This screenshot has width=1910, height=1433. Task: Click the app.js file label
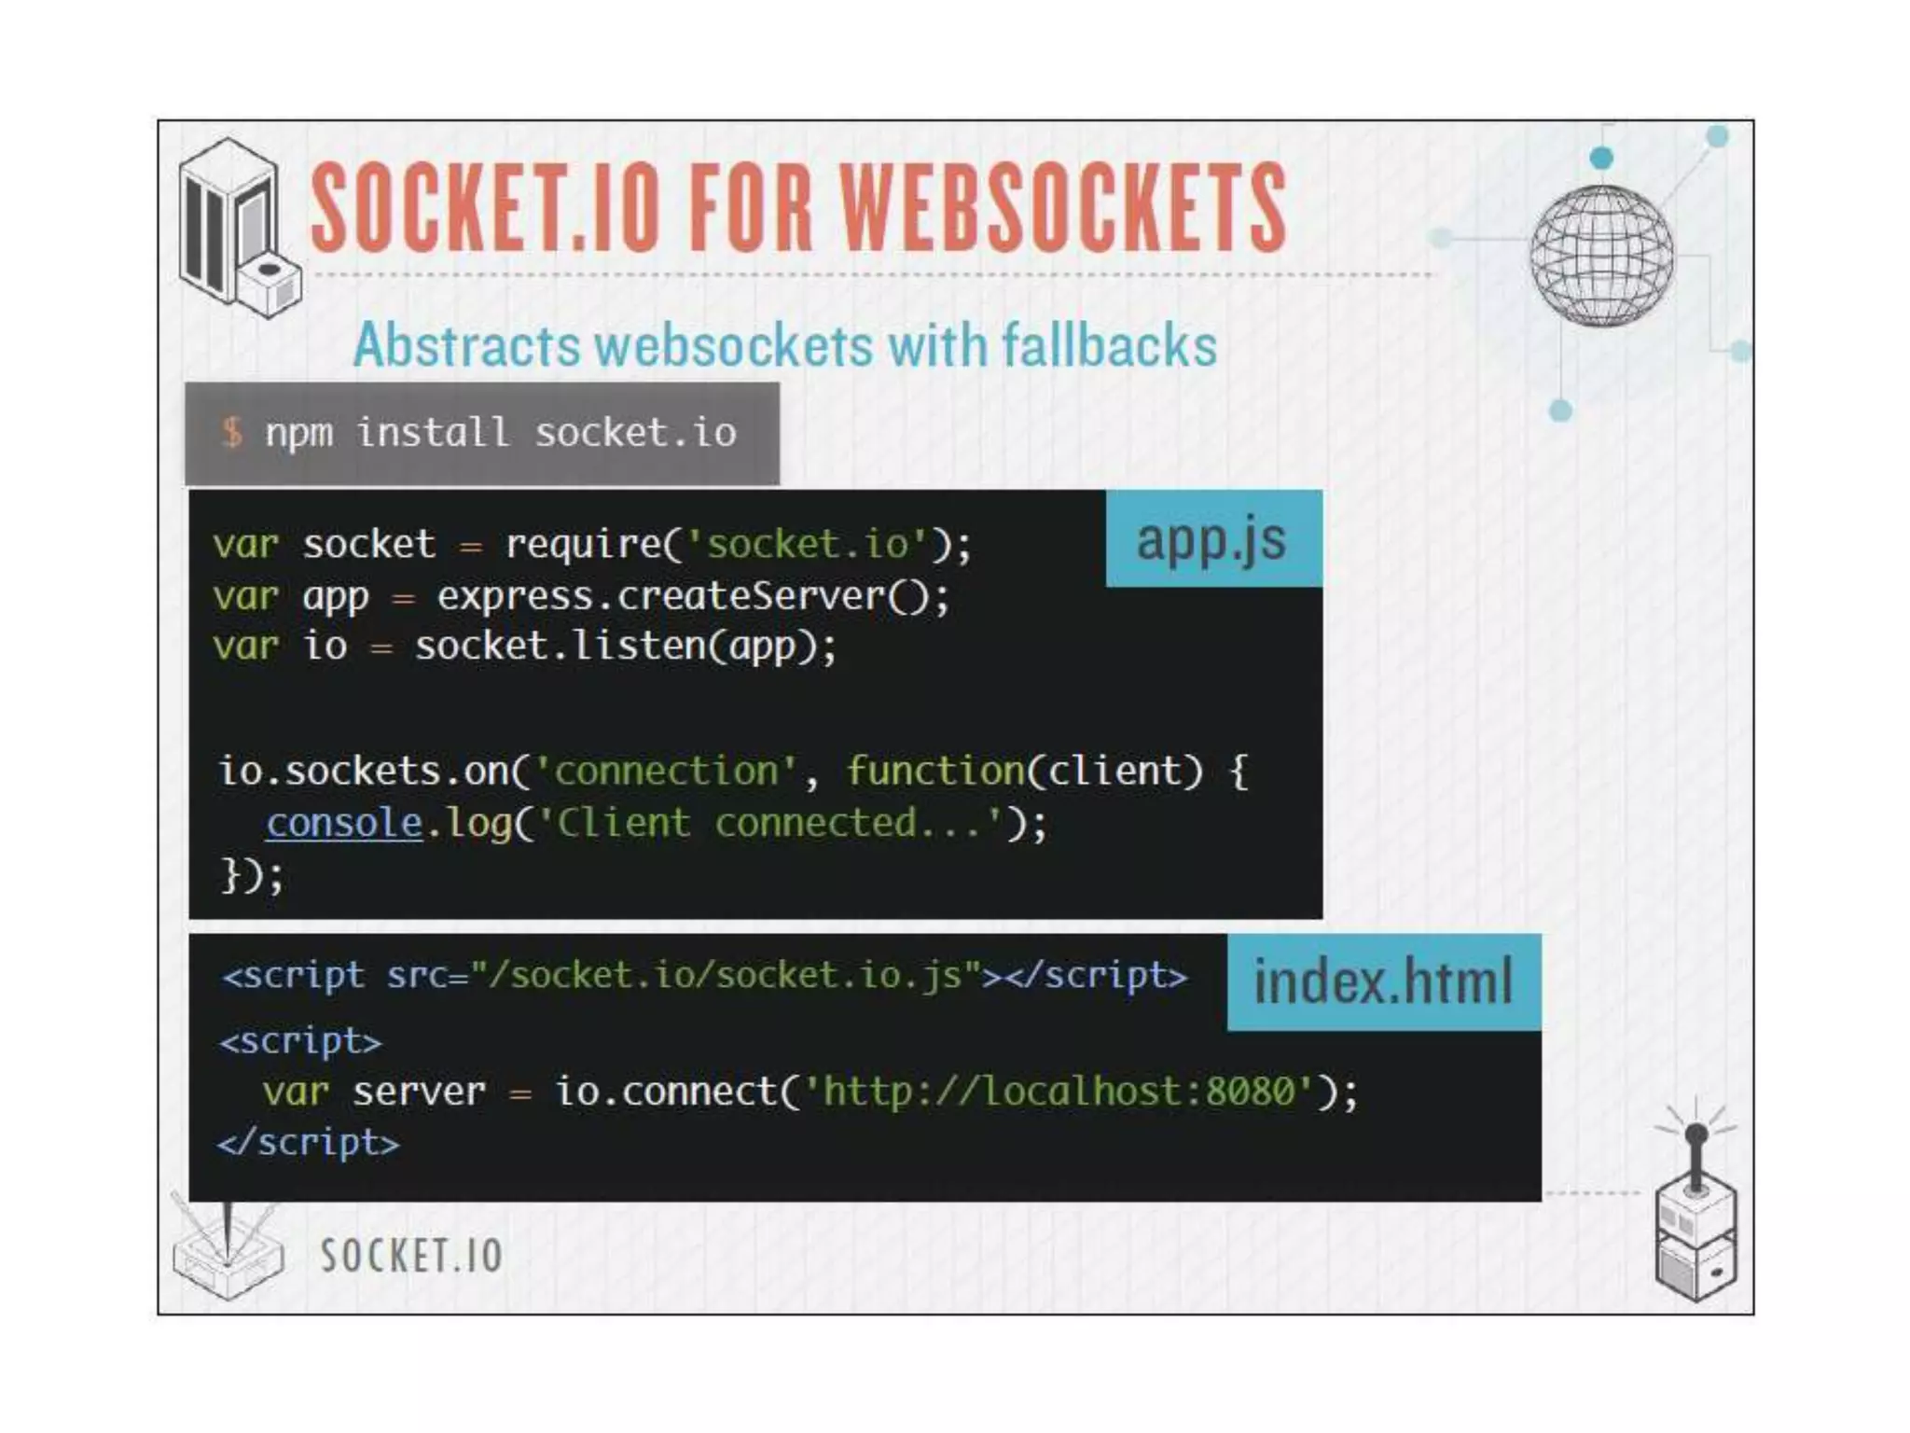(x=1211, y=539)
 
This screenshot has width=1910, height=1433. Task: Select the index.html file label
(x=1383, y=981)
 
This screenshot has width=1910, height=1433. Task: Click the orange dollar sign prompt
(x=232, y=432)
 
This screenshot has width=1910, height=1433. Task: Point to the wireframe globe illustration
(x=1601, y=256)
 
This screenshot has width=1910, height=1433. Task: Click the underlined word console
(x=344, y=823)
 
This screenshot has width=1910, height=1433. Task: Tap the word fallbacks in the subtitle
(x=1110, y=345)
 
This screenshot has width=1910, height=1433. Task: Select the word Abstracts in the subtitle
(x=467, y=345)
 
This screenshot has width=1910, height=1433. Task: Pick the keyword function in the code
(x=935, y=772)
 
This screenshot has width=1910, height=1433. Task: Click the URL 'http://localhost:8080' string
(x=1059, y=1091)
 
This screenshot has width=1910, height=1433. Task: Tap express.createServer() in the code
(x=692, y=596)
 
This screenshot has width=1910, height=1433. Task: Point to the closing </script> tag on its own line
(x=309, y=1143)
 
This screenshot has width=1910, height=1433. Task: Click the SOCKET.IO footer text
(x=411, y=1255)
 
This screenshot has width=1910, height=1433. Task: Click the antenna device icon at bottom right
(x=1695, y=1213)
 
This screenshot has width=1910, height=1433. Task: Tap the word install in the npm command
(x=433, y=432)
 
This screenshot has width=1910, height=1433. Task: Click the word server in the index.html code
(x=419, y=1091)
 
